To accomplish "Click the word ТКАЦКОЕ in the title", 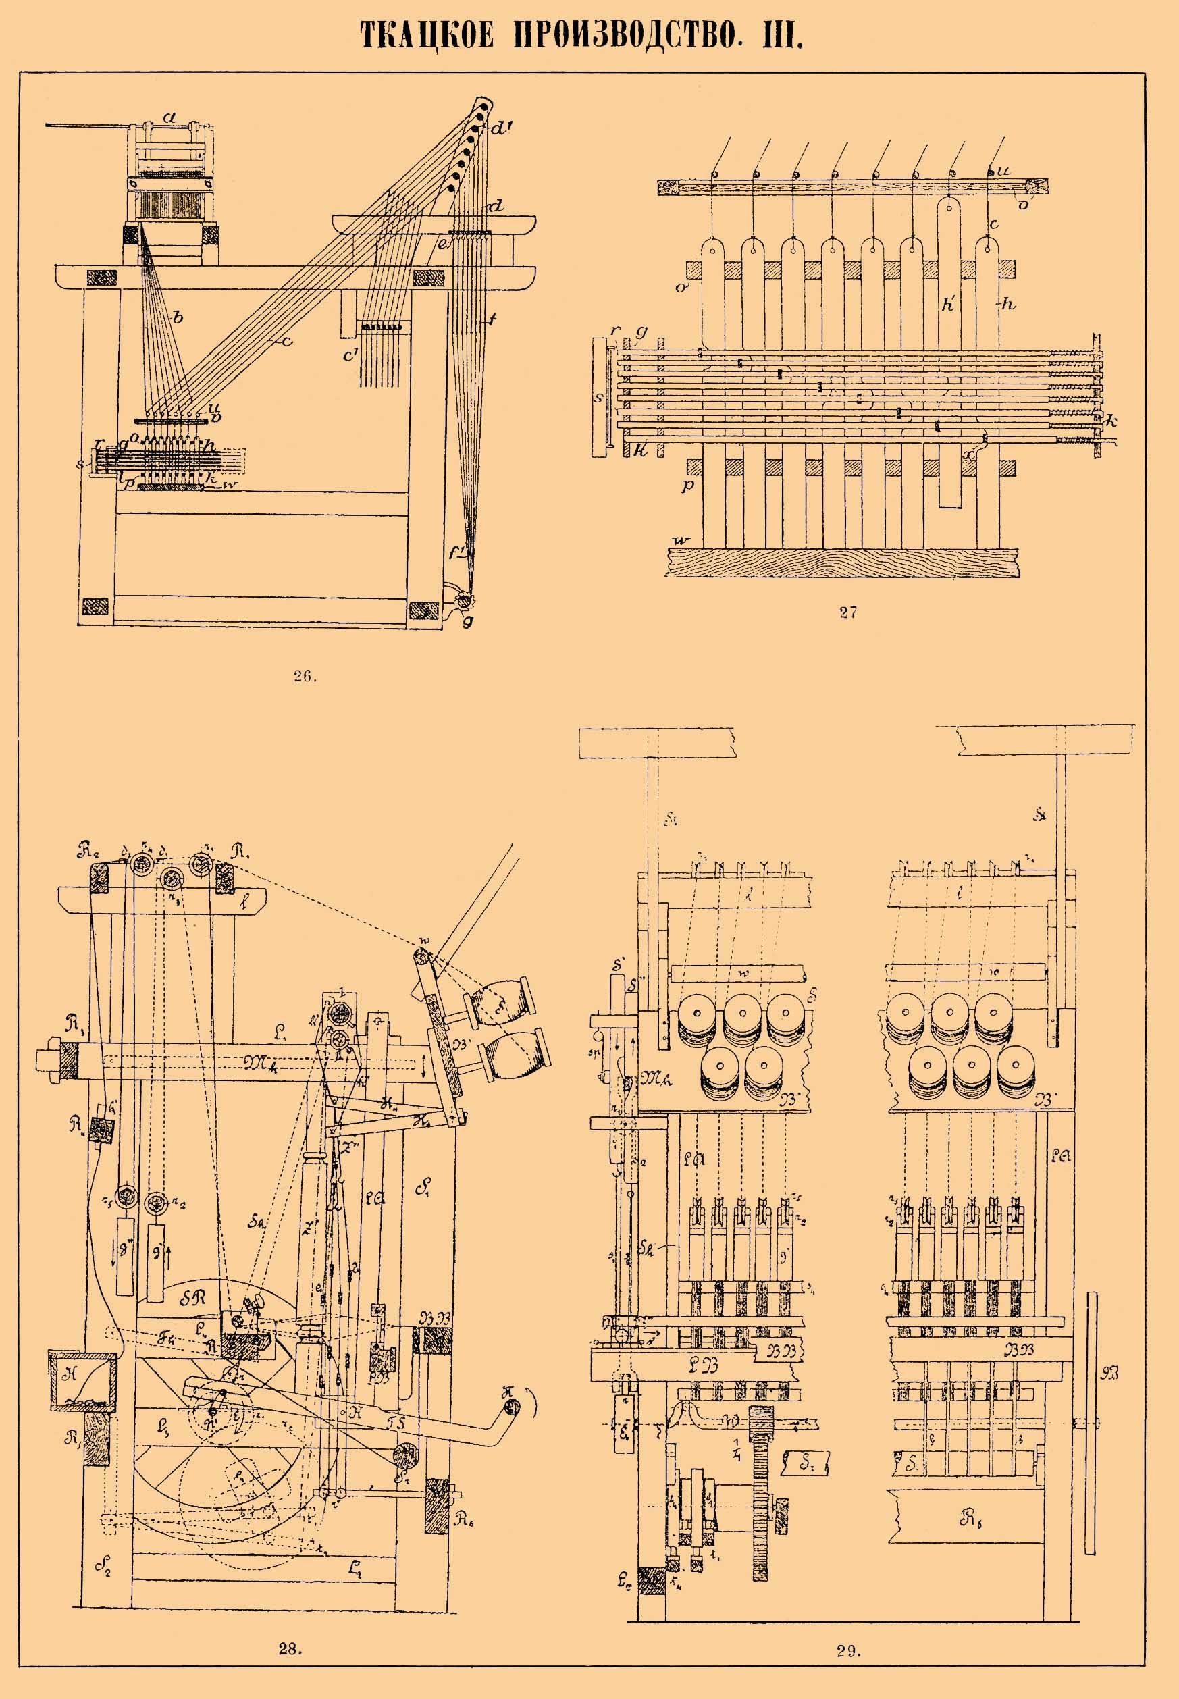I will pyautogui.click(x=426, y=34).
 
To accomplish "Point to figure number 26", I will pyautogui.click(x=304, y=675).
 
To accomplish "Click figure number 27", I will pyautogui.click(x=847, y=612).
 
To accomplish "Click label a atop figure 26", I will pyautogui.click(x=171, y=117).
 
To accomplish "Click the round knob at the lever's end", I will pyautogui.click(x=510, y=1408).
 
